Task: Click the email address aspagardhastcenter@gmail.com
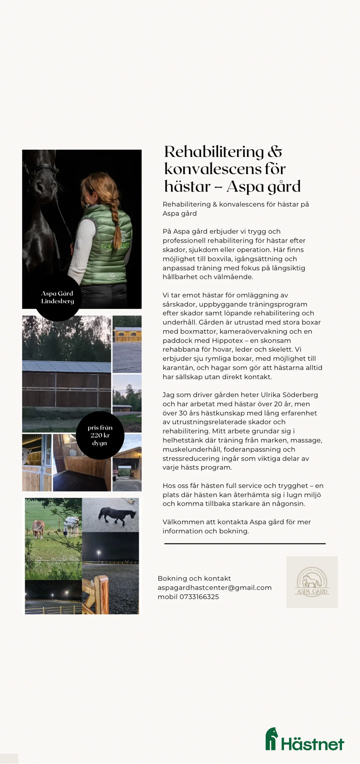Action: (214, 588)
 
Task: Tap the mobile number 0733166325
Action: (199, 597)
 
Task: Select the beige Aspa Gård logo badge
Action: (312, 582)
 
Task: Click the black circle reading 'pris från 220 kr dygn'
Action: (100, 435)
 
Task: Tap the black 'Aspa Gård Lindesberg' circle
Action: (58, 297)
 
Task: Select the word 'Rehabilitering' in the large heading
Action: (214, 152)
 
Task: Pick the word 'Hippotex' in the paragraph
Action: (227, 340)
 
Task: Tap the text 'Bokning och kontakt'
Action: (194, 578)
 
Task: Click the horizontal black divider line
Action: (245, 543)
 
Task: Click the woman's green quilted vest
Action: (107, 247)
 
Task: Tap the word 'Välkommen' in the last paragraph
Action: (180, 522)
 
